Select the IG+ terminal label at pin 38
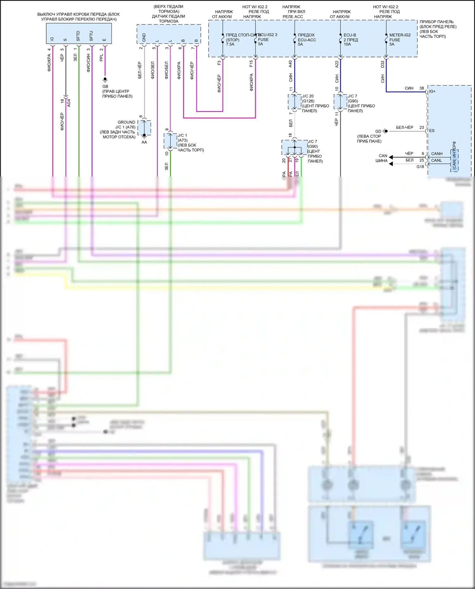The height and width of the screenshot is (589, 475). click(x=432, y=91)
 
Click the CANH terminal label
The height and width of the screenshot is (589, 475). click(x=437, y=154)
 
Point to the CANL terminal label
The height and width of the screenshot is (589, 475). click(x=436, y=160)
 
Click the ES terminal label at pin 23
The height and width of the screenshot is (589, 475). click(x=432, y=131)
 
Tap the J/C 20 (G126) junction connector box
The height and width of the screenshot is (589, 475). click(x=294, y=102)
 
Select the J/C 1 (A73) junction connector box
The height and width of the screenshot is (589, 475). click(x=170, y=141)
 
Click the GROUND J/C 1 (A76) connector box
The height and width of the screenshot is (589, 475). click(x=144, y=128)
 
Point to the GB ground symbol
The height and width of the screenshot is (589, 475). click(x=105, y=79)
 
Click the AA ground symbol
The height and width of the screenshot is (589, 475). click(x=144, y=136)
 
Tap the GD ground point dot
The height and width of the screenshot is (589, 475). click(x=386, y=131)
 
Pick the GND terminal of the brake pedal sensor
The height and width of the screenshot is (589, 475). click(x=144, y=37)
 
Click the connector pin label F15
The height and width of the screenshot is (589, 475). click(x=251, y=64)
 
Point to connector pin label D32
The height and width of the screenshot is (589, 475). click(x=383, y=64)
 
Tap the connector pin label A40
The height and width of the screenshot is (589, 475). click(x=290, y=64)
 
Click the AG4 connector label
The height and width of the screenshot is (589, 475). click(x=69, y=103)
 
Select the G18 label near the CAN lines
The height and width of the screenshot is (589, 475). click(x=420, y=167)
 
